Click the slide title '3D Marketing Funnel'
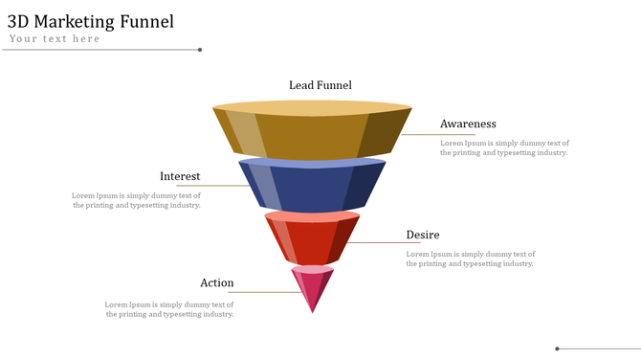pyautogui.click(x=91, y=22)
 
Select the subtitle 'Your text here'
pyautogui.click(x=55, y=39)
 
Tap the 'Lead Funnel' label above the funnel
pyautogui.click(x=320, y=85)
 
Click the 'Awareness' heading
pyautogui.click(x=468, y=124)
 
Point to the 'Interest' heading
pyautogui.click(x=180, y=176)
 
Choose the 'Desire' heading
pyautogui.click(x=423, y=235)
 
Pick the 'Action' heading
pyautogui.click(x=217, y=282)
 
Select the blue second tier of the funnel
pyautogui.click(x=312, y=188)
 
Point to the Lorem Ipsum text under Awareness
pyautogui.click(x=504, y=147)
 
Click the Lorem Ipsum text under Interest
pyautogui.click(x=137, y=200)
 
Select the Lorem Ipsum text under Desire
pyautogui.click(x=471, y=259)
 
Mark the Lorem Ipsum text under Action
pyautogui.click(x=169, y=309)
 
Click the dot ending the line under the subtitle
pyautogui.click(x=200, y=50)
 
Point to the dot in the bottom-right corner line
pyautogui.click(x=558, y=349)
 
